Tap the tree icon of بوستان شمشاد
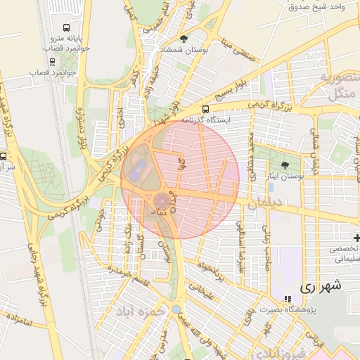[x=184, y=39]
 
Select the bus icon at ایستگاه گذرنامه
[x=205, y=110]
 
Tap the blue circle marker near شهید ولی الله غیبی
[x=175, y=309]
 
